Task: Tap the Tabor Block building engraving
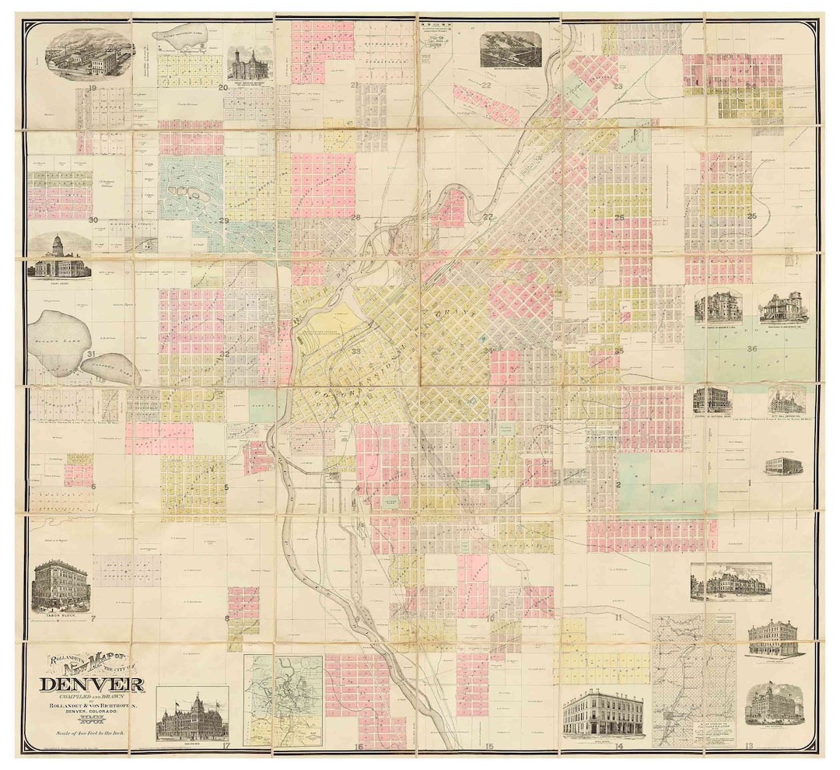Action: pyautogui.click(x=60, y=586)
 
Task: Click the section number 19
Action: pyautogui.click(x=91, y=88)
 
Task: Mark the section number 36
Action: pyautogui.click(x=751, y=349)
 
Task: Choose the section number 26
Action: pyautogui.click(x=620, y=218)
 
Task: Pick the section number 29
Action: pyautogui.click(x=224, y=221)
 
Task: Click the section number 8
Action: pyautogui.click(x=226, y=618)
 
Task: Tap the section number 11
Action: pyautogui.click(x=617, y=618)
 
